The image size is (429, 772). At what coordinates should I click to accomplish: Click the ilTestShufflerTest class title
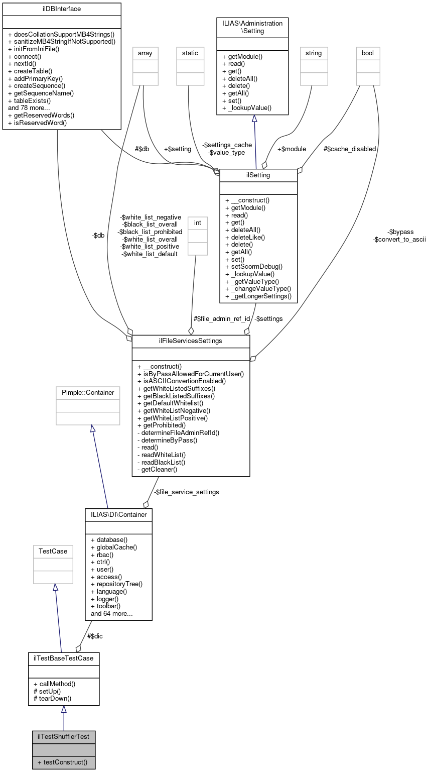tap(63, 736)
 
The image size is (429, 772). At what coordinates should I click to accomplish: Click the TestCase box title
tap(53, 551)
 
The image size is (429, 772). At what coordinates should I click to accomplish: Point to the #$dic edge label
tap(95, 636)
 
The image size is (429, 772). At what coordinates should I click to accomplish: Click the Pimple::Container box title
tap(88, 392)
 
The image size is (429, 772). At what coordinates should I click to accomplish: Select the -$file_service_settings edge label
tap(186, 492)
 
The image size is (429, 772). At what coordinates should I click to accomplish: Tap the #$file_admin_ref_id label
tap(222, 318)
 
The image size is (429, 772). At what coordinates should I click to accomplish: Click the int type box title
tap(197, 222)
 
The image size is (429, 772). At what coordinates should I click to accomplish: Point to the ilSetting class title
tap(258, 175)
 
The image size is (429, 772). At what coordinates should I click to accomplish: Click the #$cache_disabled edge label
tap(350, 149)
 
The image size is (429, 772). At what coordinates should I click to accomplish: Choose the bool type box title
tap(368, 53)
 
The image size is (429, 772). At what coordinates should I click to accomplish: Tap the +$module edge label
tap(292, 149)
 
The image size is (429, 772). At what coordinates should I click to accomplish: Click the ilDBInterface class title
tap(62, 9)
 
